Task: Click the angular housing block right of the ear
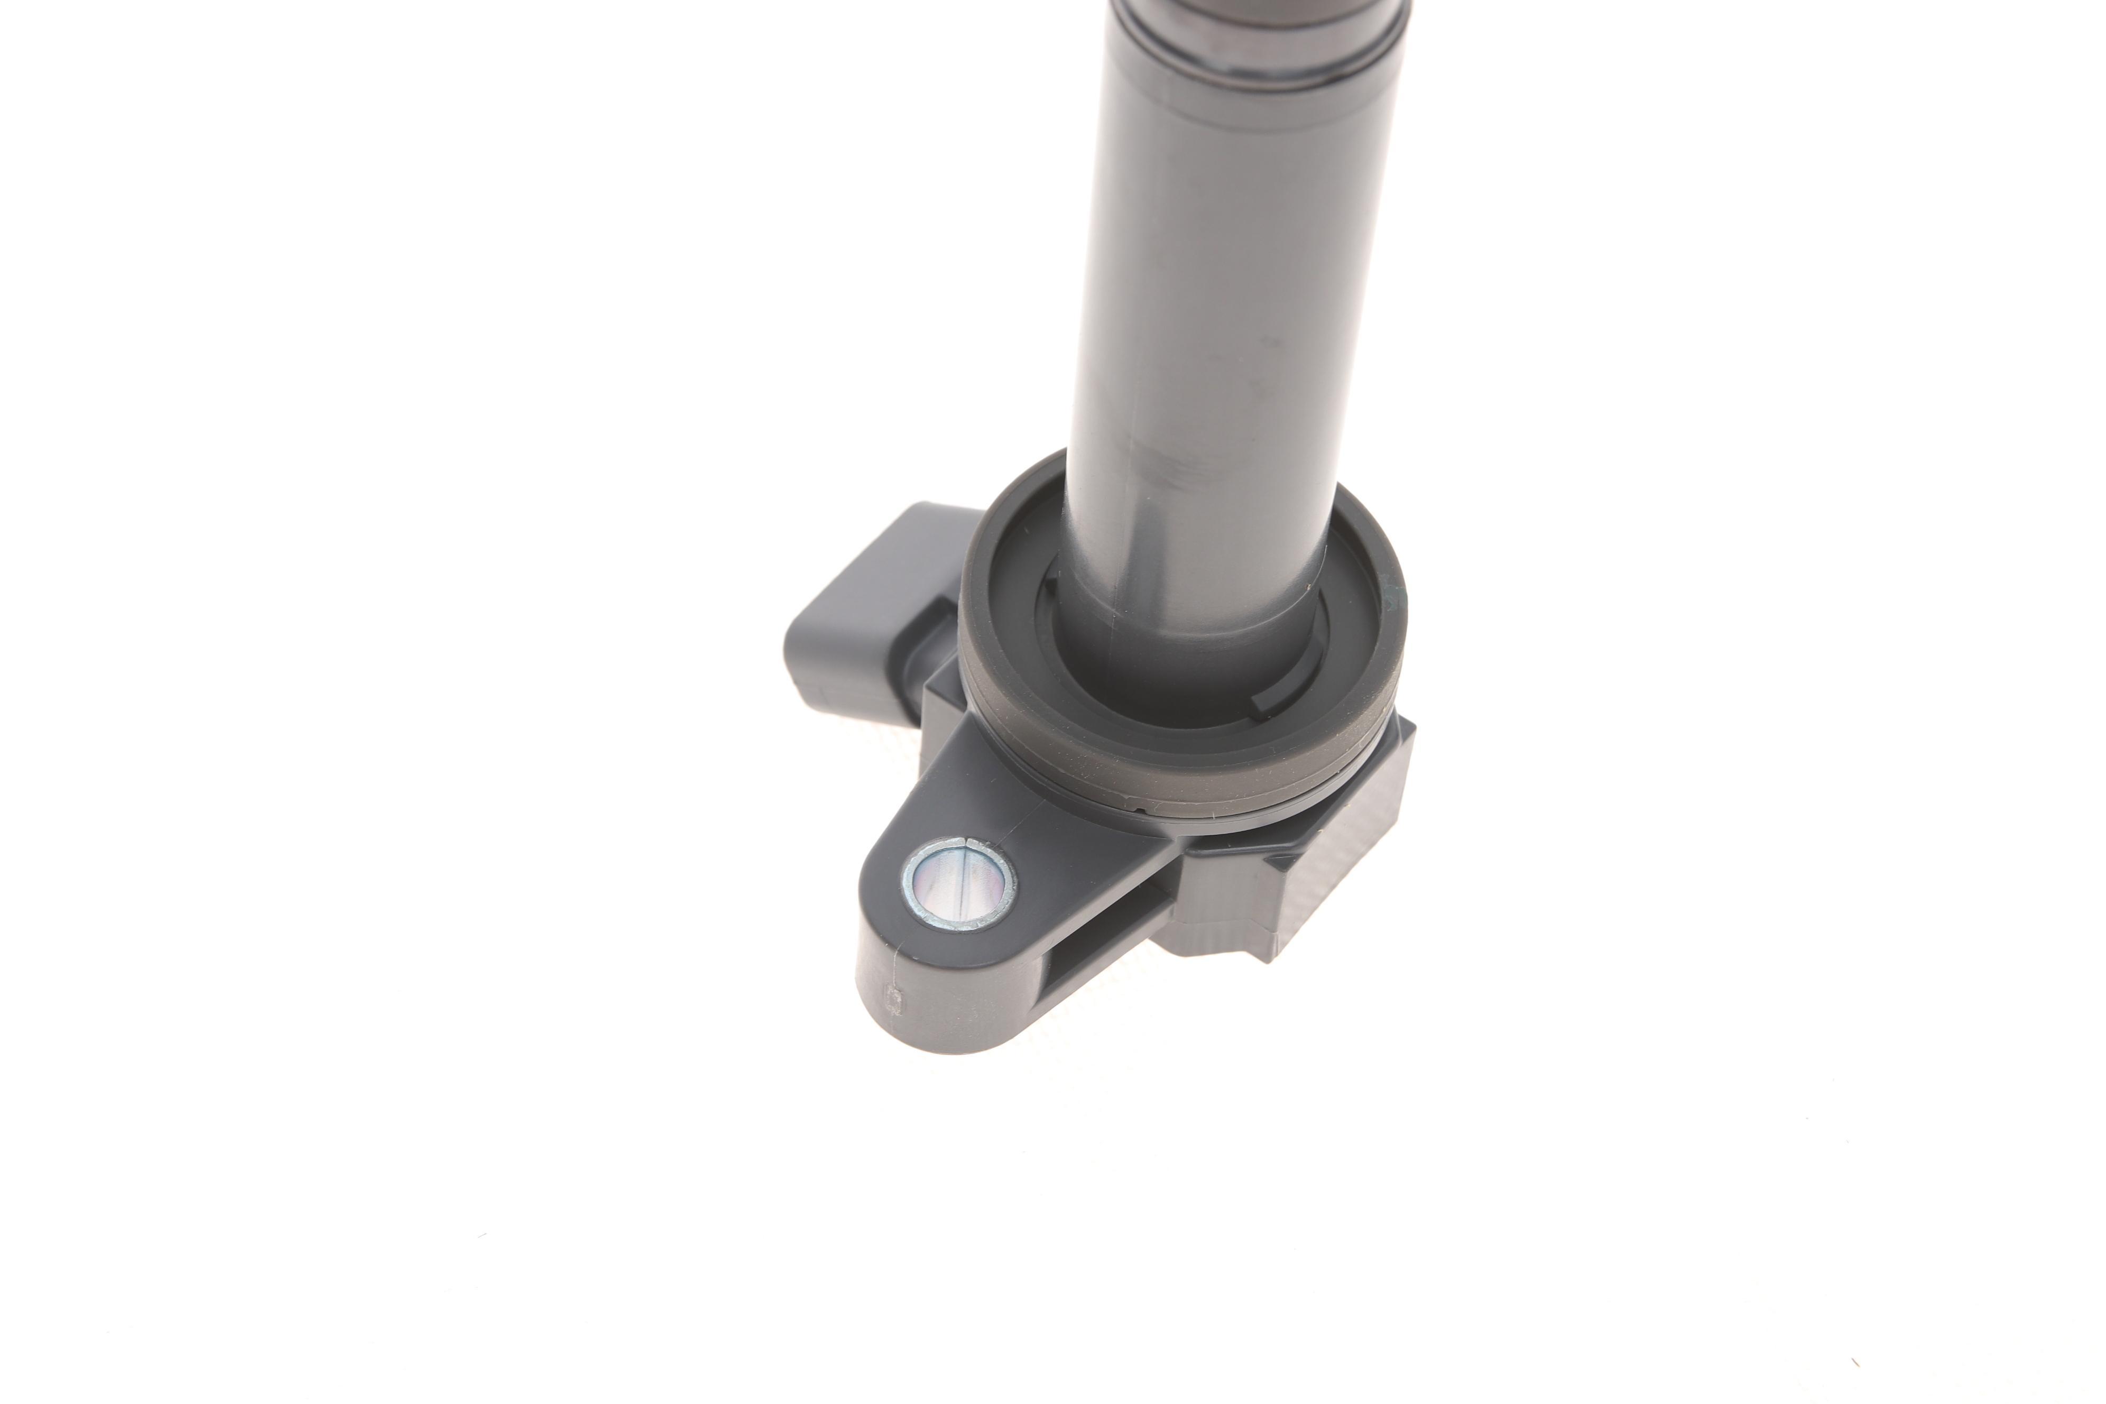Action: pos(1325,860)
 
